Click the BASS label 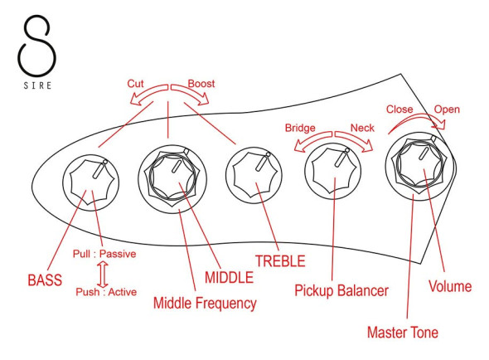coord(45,280)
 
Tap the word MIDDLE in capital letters coord(229,277)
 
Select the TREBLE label coord(280,261)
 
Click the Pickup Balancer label coord(341,291)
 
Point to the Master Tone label coord(403,332)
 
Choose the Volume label coord(450,286)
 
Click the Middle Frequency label coord(205,304)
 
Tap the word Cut coord(135,84)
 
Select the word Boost coord(201,84)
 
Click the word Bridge coord(300,128)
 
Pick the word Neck coord(362,128)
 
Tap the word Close coord(399,109)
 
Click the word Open coord(447,109)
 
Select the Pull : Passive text coord(104,254)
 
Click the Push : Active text coord(106,292)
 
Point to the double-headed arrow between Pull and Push coord(103,275)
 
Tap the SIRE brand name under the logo coord(37,85)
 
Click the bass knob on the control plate coord(90,182)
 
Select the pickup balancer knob coord(333,172)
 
